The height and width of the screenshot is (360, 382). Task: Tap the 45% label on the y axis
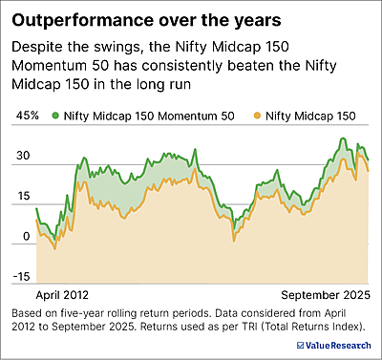click(x=28, y=116)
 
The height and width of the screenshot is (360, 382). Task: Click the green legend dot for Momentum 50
click(x=55, y=116)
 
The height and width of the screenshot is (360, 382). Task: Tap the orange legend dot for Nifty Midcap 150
click(x=258, y=116)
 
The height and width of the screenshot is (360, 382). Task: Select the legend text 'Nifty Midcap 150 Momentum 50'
click(x=148, y=116)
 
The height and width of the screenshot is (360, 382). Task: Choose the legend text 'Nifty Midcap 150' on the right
click(x=311, y=116)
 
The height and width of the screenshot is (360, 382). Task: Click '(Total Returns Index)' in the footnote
click(x=326, y=327)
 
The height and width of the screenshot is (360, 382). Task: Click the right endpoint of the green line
click(x=369, y=159)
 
